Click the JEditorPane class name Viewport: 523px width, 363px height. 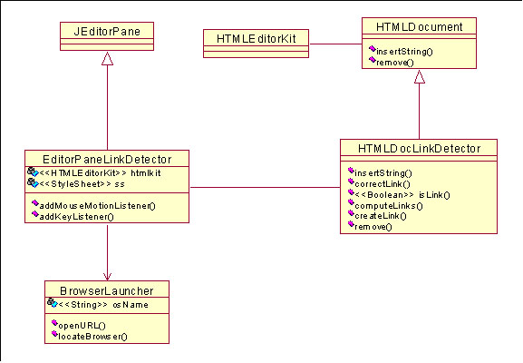pyautogui.click(x=107, y=32)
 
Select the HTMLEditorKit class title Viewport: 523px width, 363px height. pyautogui.click(x=256, y=39)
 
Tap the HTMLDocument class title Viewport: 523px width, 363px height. pyautogui.click(x=419, y=26)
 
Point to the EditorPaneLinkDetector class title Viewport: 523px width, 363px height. pyautogui.click(x=107, y=160)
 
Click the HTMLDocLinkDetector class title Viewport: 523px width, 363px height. pyautogui.click(x=419, y=148)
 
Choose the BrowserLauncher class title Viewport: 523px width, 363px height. pyautogui.click(x=107, y=291)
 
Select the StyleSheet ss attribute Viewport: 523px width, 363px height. pyautogui.click(x=82, y=184)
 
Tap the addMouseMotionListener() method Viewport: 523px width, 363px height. pyautogui.click(x=97, y=206)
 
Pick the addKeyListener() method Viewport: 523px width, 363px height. pyautogui.click(x=77, y=217)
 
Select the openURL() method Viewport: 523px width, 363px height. pyautogui.click(x=82, y=326)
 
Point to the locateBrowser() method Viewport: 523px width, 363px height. pyautogui.click(x=92, y=337)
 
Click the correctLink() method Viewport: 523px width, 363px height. pyautogui.click(x=383, y=184)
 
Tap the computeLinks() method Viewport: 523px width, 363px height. pyautogui.click(x=389, y=206)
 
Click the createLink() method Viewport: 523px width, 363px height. pyautogui.click(x=381, y=216)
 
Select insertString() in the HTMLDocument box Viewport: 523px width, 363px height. pyautogui.click(x=404, y=52)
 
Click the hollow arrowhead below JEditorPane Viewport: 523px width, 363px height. pyautogui.click(x=107, y=58)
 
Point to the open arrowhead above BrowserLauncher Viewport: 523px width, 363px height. pyautogui.click(x=107, y=276)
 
